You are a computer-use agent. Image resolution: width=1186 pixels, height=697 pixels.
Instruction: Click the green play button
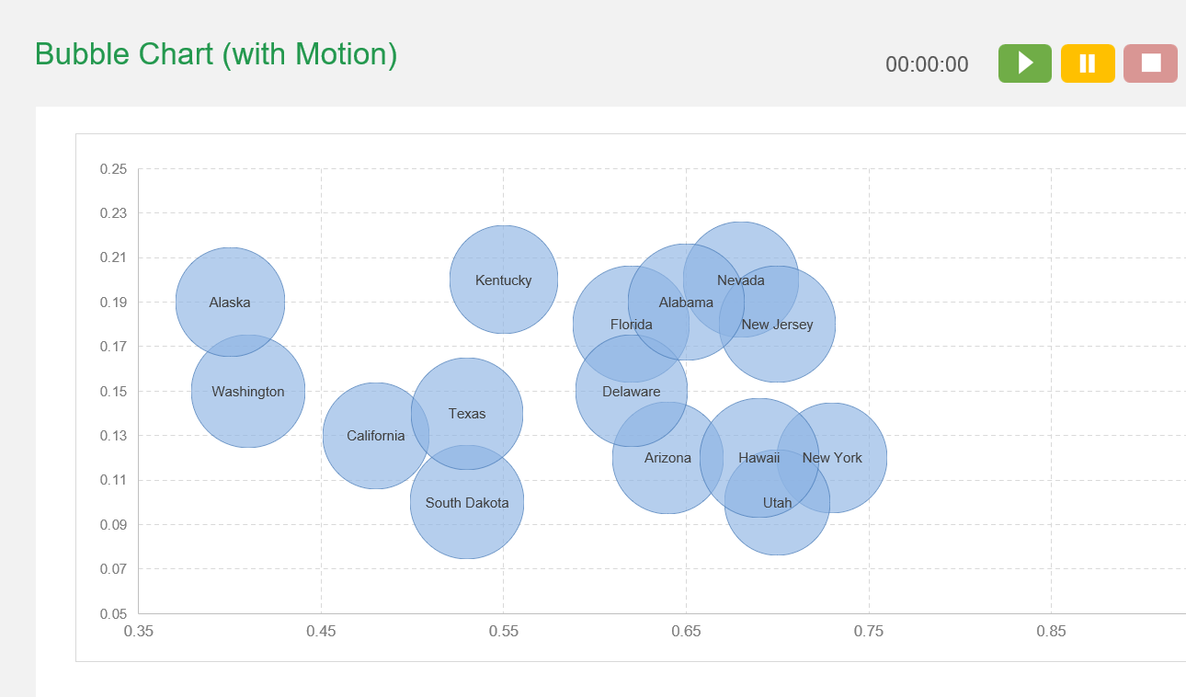coord(1024,63)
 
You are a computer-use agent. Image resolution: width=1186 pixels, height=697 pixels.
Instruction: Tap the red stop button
coord(1150,63)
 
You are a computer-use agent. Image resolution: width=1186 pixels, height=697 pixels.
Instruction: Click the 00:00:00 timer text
coord(927,64)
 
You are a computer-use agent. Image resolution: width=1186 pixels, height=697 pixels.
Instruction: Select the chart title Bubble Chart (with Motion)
coord(216,54)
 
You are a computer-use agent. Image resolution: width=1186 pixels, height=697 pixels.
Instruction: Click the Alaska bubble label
coord(230,303)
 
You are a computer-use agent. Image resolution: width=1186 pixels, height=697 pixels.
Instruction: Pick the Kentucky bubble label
coord(503,280)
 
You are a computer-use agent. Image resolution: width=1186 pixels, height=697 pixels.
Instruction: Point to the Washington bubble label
coord(248,392)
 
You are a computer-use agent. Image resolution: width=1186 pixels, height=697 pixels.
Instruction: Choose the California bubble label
coord(375,436)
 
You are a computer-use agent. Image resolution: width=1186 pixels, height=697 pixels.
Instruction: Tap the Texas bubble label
coord(467,414)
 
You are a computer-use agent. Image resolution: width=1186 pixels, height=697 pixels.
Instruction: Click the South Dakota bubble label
coord(467,503)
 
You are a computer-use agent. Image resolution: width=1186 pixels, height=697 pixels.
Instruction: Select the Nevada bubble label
coord(740,280)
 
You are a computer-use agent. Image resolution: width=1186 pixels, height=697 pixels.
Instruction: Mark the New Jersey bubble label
coord(777,325)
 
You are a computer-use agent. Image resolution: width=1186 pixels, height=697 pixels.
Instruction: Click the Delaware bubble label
coord(631,392)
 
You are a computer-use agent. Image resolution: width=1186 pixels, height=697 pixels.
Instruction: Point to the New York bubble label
coord(832,458)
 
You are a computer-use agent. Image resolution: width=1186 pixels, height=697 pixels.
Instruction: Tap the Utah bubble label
coord(777,503)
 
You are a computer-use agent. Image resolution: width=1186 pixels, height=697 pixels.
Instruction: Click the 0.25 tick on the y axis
coord(113,169)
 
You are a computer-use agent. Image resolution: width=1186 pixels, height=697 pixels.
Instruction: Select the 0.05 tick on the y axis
coord(113,614)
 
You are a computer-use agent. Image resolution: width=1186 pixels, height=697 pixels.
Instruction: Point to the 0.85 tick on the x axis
coord(1051,632)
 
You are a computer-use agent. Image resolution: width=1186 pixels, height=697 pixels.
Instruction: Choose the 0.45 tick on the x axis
coord(321,632)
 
